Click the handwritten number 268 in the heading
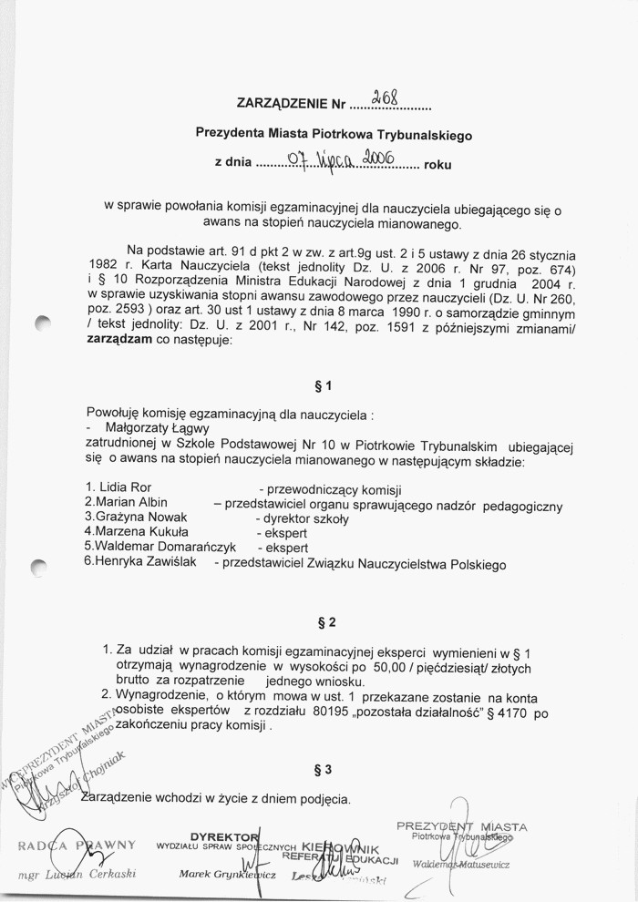[x=398, y=97]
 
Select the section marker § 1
[x=321, y=384]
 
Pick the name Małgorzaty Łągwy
[x=159, y=428]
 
